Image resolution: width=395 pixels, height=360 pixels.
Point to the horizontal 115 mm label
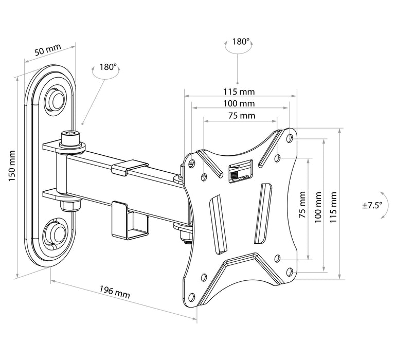(x=239, y=92)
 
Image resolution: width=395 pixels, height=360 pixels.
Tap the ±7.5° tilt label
(x=372, y=205)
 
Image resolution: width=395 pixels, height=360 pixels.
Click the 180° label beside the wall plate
(x=108, y=67)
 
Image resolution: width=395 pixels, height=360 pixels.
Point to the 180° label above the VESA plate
(x=240, y=42)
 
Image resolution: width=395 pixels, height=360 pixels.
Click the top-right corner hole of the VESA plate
(x=291, y=138)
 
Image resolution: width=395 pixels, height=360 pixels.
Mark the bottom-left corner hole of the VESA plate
(x=191, y=296)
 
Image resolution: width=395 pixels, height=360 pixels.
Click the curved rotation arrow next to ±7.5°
(x=384, y=210)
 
